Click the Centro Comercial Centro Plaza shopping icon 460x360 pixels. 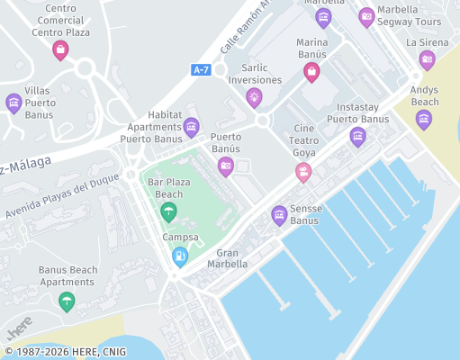60,50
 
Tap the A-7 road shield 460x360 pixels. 202,69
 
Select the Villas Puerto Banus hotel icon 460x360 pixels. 14,103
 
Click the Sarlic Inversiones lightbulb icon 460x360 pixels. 254,96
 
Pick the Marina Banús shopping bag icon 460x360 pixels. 311,73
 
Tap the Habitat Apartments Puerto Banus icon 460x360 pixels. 191,127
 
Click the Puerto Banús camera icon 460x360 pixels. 226,165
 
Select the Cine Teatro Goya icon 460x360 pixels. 303,172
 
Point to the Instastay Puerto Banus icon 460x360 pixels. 357,137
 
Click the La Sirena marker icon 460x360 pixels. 427,60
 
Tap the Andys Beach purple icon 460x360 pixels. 424,119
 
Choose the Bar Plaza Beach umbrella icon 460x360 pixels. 167,212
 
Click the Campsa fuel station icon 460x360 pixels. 180,256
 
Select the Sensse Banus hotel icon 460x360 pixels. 279,215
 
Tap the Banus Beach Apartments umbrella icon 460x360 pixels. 66,301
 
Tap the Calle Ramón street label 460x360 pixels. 245,27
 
